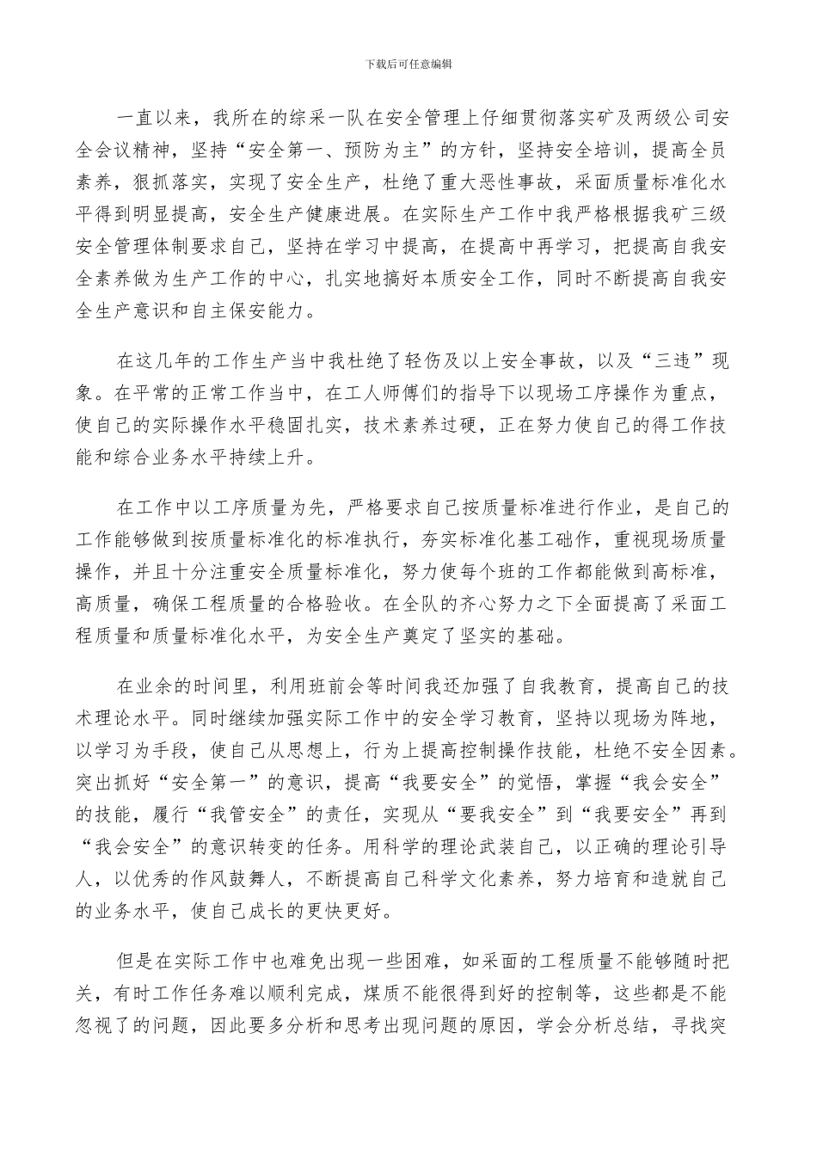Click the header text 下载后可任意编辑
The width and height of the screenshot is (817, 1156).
(408, 64)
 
